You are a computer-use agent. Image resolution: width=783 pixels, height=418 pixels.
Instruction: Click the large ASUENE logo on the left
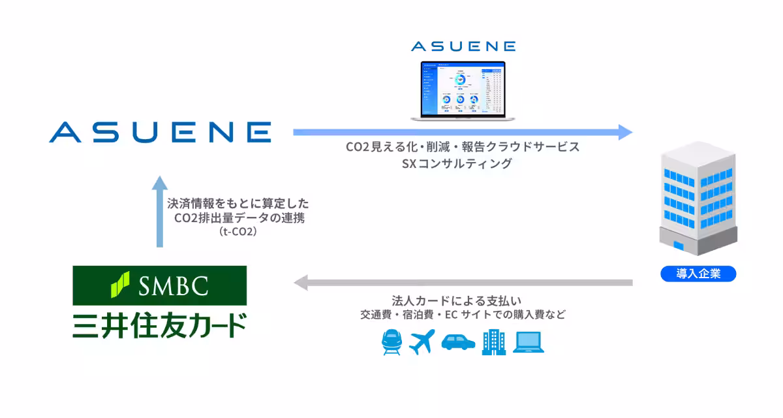[160, 131]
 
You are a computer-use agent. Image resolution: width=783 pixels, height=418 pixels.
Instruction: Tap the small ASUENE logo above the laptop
[463, 46]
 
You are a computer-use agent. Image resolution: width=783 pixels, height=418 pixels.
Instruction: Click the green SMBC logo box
[160, 285]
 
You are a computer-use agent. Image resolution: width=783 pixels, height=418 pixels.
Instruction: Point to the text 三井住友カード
[160, 325]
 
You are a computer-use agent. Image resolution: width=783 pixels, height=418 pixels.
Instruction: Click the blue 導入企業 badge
[698, 274]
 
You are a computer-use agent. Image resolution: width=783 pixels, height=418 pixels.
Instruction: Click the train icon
[392, 342]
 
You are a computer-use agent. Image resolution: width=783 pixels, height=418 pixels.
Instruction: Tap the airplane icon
[422, 342]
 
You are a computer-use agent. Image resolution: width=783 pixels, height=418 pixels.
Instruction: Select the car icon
[458, 342]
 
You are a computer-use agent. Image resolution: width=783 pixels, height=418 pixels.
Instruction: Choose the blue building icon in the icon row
[494, 342]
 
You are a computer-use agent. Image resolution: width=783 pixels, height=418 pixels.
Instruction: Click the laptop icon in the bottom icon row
[528, 342]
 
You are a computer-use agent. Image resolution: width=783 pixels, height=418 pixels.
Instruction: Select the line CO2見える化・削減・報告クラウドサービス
[462, 147]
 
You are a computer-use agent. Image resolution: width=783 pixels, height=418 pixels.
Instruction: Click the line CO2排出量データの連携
[239, 217]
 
